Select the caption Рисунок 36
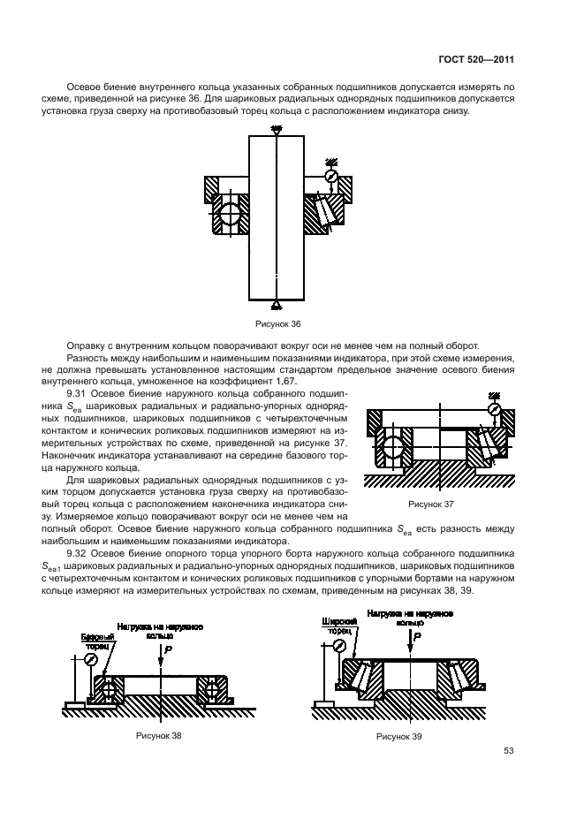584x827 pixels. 277,323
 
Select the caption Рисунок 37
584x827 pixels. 430,504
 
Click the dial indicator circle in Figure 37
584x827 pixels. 495,410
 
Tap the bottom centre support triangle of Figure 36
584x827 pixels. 277,305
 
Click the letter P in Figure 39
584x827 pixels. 417,637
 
